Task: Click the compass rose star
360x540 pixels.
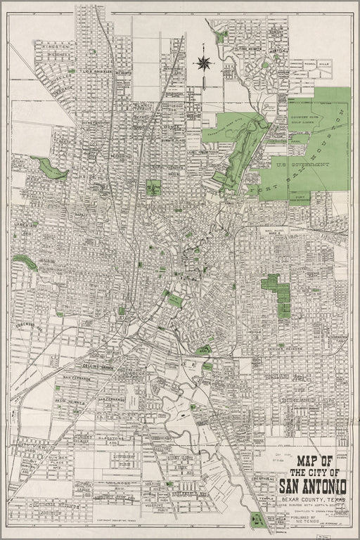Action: [205, 63]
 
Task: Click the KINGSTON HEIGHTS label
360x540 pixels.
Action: [59, 48]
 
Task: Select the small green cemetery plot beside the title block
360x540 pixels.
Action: [256, 520]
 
